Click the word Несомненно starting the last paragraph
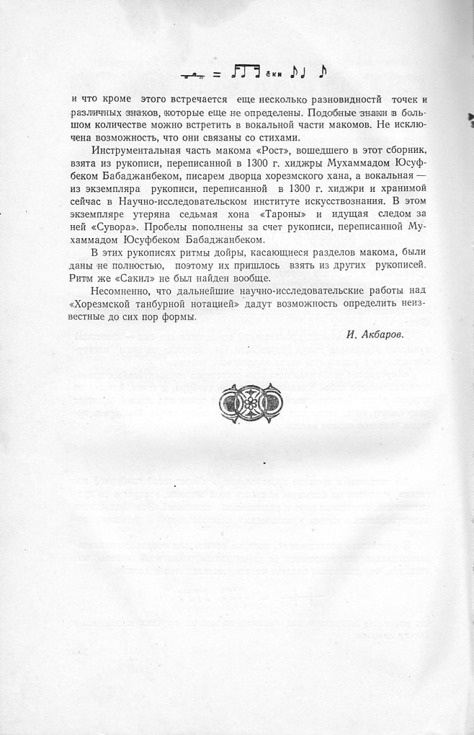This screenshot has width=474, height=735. click(x=122, y=291)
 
